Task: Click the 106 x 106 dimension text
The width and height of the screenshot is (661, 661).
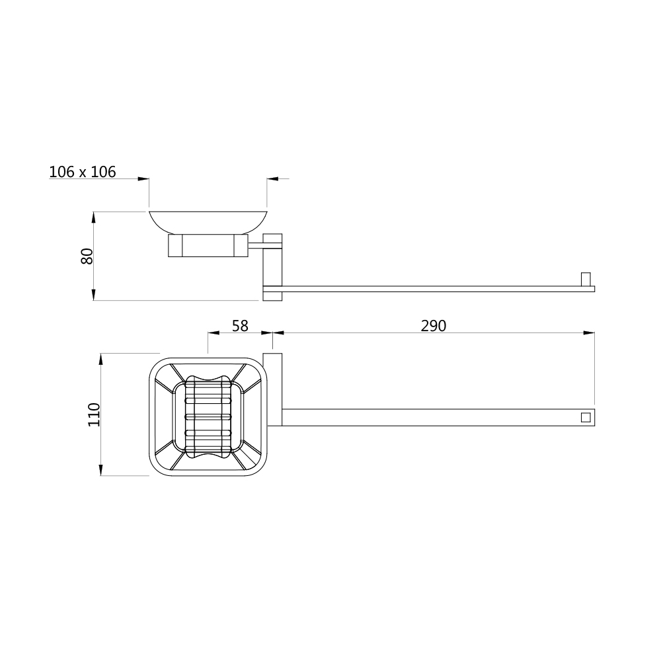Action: [83, 172]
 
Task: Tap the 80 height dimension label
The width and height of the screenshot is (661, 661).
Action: [87, 256]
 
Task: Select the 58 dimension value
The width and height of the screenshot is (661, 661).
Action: [241, 326]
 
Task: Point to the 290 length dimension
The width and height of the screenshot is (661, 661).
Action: [434, 326]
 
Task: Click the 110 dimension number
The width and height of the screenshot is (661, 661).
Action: [95, 415]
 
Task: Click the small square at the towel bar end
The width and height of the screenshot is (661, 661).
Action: [586, 417]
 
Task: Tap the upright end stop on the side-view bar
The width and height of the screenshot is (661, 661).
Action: [586, 280]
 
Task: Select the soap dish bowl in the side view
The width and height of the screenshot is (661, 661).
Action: [208, 221]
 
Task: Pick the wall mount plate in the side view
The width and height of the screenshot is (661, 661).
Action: [272, 267]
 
